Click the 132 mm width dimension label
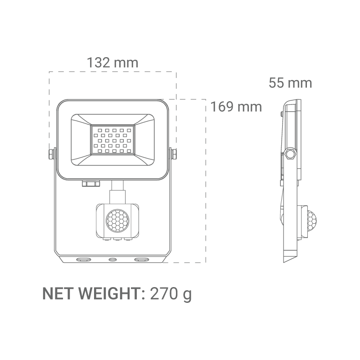tap(112, 62)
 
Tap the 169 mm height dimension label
tap(236, 107)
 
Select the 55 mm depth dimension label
tap(290, 83)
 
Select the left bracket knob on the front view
tap(51, 153)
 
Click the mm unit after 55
tap(300, 83)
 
